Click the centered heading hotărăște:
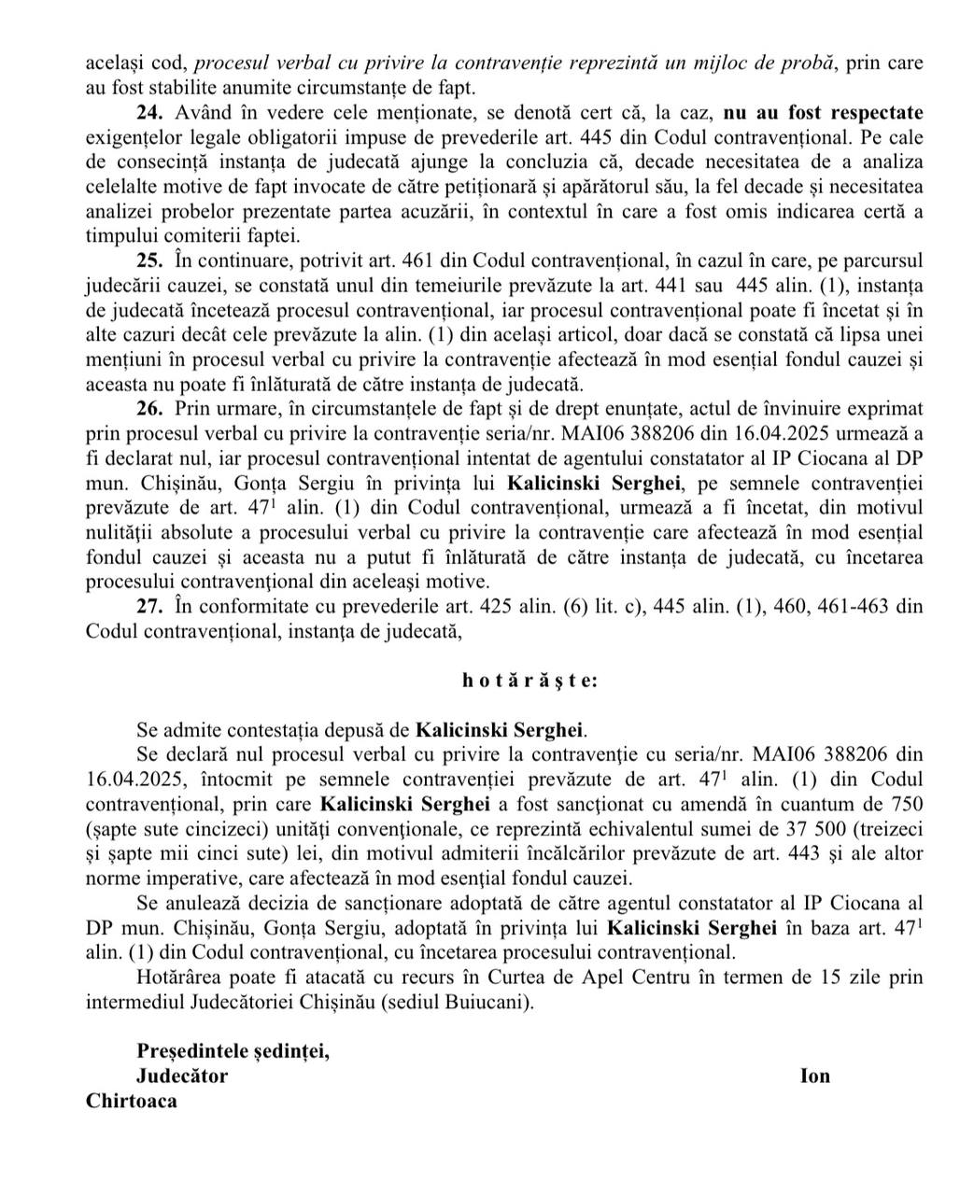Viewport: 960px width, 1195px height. (x=529, y=681)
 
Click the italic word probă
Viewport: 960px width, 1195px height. (x=804, y=64)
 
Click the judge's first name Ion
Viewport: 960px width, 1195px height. (x=815, y=1075)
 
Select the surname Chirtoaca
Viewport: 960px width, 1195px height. (x=132, y=1101)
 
